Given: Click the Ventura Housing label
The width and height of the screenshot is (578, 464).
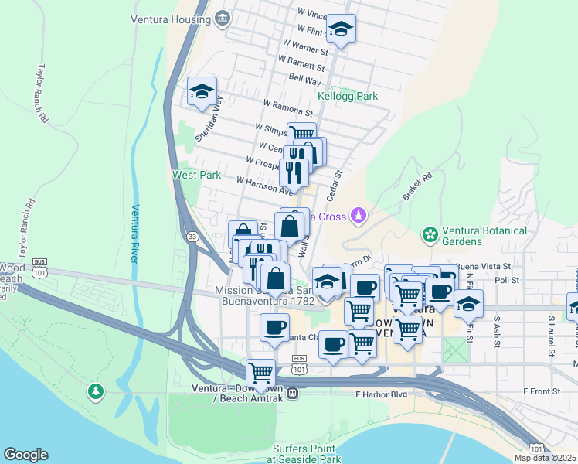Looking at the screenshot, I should point(170,19).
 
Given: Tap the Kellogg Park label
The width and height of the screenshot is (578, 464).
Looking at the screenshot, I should point(348,97).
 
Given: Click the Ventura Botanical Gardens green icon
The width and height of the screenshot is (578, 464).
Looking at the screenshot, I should point(429,234).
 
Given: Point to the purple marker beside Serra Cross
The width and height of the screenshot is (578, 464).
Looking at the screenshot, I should point(357,214).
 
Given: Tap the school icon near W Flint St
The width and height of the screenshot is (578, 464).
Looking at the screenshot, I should point(341,29).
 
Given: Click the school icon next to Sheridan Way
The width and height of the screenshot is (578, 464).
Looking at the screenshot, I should point(202,91).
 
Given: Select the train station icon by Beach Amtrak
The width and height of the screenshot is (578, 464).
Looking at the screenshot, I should point(293,393).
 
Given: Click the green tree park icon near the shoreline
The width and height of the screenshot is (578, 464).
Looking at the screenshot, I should point(96,392).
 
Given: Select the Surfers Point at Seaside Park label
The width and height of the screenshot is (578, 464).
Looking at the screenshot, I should point(304,454).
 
